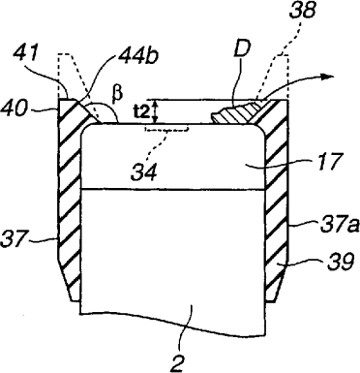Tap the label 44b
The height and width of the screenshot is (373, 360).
tap(138, 59)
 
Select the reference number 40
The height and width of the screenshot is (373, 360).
tap(15, 109)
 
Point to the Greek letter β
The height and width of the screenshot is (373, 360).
tap(118, 94)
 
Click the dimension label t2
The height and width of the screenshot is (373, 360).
tap(141, 111)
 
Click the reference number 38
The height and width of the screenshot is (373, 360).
tap(302, 11)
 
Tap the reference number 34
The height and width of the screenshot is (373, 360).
tap(144, 172)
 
